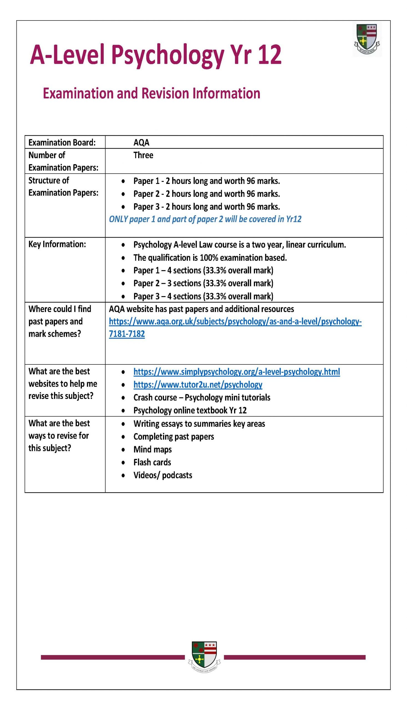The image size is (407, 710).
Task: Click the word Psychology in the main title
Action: coord(168,55)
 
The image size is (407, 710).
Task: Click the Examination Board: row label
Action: coord(62,143)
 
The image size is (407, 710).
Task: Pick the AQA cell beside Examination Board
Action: coord(141,143)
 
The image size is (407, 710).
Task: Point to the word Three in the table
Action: coord(143,155)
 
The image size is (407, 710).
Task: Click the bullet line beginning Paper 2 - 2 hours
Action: coord(207,194)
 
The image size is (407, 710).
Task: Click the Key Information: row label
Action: coord(57,244)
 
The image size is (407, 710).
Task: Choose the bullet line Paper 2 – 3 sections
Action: coord(203,283)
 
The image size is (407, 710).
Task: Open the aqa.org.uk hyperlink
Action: coord(235,322)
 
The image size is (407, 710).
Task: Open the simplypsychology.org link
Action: coord(236,372)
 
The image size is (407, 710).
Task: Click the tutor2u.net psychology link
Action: coord(198,385)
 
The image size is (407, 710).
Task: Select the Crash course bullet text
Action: coord(201,398)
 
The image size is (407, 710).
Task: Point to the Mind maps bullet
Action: coord(152,450)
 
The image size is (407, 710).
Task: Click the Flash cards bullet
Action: coord(152,462)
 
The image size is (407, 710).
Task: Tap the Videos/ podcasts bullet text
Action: coord(163,475)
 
